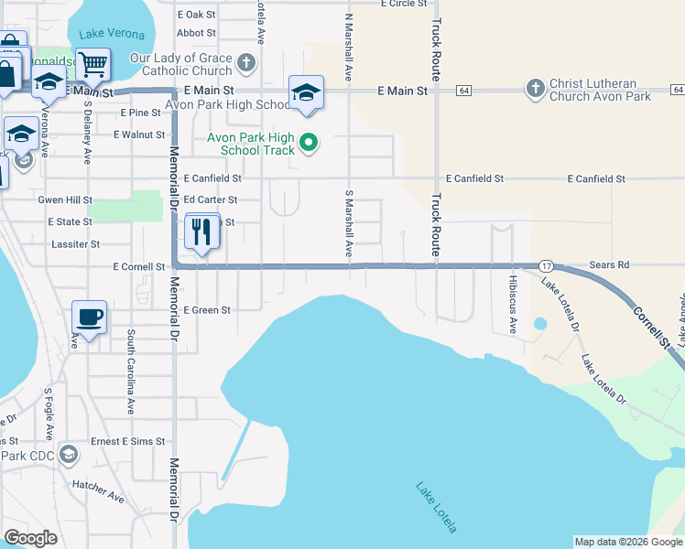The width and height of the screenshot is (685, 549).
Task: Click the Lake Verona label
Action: pyautogui.click(x=112, y=34)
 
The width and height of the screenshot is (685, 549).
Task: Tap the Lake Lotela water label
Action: pyautogui.click(x=436, y=508)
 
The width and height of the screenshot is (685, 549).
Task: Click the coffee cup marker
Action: pyautogui.click(x=89, y=318)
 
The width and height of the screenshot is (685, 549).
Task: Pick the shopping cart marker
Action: pyautogui.click(x=92, y=65)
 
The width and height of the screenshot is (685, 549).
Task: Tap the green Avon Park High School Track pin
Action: pyautogui.click(x=310, y=143)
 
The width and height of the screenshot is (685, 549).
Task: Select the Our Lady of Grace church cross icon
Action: pyautogui.click(x=245, y=64)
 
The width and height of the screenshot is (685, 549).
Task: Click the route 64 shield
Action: pyautogui.click(x=465, y=91)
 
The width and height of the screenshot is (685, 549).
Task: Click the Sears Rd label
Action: pyautogui.click(x=610, y=264)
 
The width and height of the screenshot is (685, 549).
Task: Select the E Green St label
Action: pyautogui.click(x=207, y=310)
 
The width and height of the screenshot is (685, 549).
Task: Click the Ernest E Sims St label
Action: pyautogui.click(x=126, y=441)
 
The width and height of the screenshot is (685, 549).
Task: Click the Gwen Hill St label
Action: pyautogui.click(x=65, y=199)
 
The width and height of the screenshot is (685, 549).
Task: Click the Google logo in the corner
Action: pyautogui.click(x=30, y=538)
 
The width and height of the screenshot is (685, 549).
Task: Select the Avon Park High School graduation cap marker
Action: pyautogui.click(x=306, y=92)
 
